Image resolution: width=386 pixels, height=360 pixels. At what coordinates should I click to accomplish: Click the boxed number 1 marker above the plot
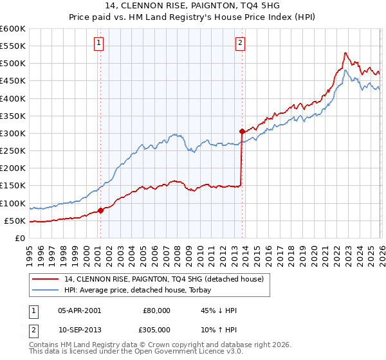tap(100, 44)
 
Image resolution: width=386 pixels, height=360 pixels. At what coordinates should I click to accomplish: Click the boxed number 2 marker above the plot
tap(240, 44)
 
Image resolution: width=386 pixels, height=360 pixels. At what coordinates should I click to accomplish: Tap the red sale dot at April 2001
tap(101, 210)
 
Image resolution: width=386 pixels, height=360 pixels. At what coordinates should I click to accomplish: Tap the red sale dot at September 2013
tap(242, 131)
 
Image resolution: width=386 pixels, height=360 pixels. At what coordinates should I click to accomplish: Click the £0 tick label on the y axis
tap(19, 238)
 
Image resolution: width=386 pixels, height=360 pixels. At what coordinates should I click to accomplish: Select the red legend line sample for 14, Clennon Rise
tap(47, 279)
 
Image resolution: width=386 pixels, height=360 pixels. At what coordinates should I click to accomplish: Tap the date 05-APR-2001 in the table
tap(79, 310)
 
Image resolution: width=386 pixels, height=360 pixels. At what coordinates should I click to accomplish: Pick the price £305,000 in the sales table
tap(156, 329)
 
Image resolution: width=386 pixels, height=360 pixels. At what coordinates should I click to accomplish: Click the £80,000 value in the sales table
tap(156, 310)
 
